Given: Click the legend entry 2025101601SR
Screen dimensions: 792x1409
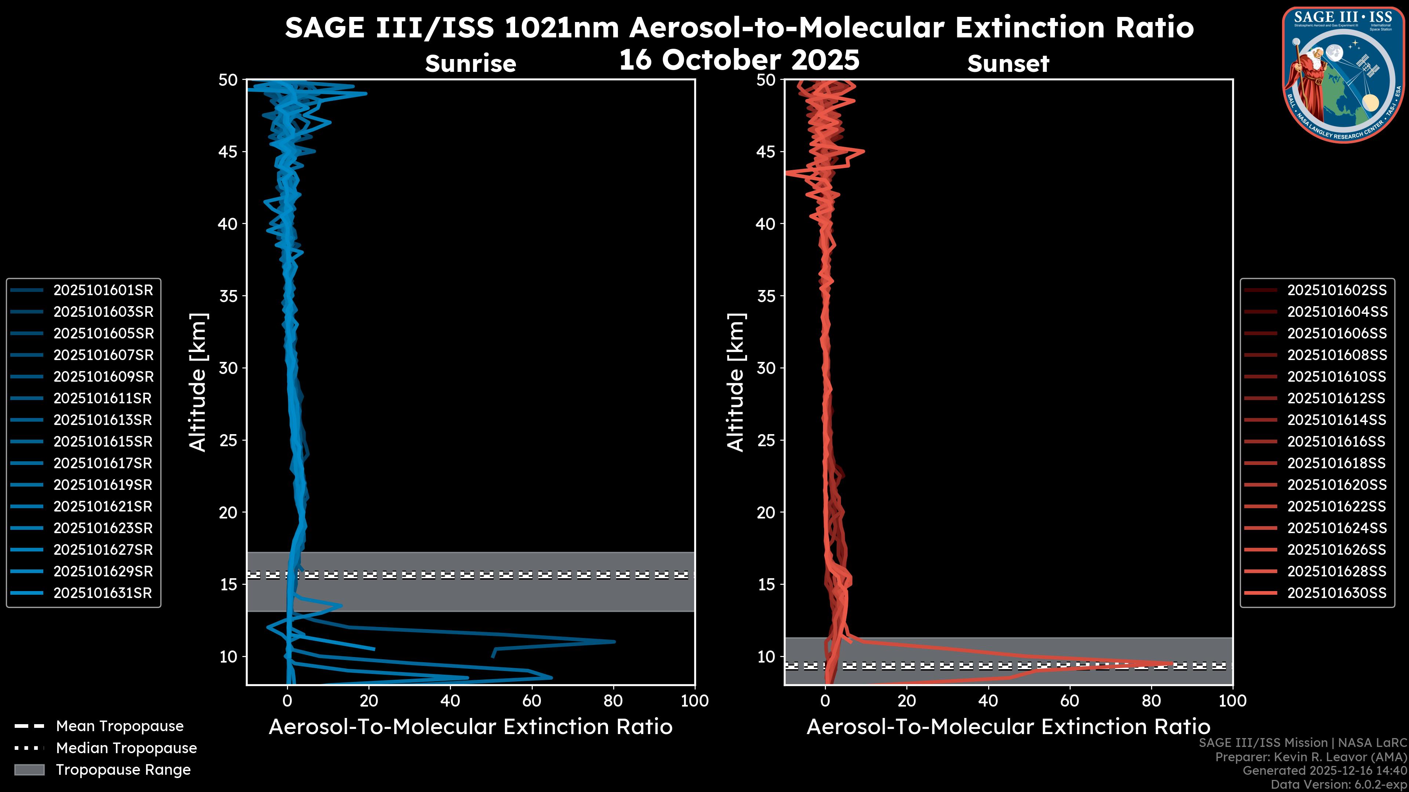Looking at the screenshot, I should [103, 290].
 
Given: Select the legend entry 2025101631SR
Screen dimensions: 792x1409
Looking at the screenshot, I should [103, 593].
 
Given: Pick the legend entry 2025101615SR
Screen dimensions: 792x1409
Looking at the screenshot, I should [103, 441].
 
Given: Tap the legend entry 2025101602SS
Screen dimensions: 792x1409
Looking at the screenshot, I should [1337, 290].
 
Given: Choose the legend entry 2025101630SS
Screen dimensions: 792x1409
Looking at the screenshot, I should [1337, 593].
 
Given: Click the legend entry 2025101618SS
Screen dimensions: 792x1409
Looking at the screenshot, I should [1337, 463].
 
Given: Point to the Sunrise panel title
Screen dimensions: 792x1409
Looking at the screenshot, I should [470, 64].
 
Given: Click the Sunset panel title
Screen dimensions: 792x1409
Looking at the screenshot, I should [1008, 64].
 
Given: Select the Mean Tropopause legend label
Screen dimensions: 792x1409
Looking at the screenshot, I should [120, 726].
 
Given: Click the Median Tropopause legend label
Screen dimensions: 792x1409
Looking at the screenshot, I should [126, 748].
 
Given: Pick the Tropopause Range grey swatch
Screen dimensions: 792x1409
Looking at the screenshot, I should [29, 770].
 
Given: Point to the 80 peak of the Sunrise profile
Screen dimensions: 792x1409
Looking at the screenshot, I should [614, 642].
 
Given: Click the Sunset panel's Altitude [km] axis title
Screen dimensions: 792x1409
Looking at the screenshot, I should [736, 382].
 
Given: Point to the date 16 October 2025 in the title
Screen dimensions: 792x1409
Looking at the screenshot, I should [739, 60].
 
